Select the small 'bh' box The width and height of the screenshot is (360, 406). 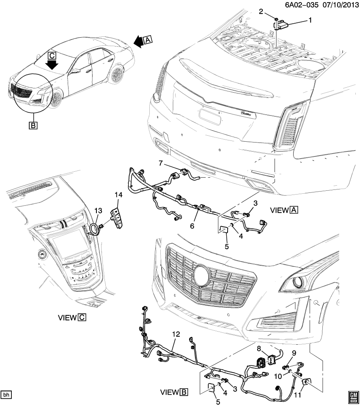coord(6,395)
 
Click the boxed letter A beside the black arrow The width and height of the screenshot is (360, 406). coord(147,40)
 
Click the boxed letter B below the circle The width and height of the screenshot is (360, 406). coord(32,125)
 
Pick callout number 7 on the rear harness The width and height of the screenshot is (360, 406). coord(161,163)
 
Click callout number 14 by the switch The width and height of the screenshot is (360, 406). coord(118,195)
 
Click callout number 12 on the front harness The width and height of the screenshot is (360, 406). coord(176,334)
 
